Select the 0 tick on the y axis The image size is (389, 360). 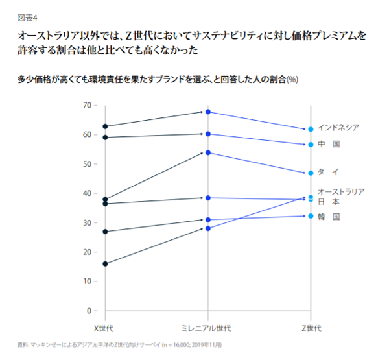click(90, 311)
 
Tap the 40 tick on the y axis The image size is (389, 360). click(88, 193)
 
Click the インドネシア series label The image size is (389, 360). click(338, 128)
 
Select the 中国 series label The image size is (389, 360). click(329, 144)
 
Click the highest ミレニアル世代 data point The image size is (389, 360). click(207, 112)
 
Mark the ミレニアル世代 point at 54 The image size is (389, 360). click(207, 152)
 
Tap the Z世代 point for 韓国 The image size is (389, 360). click(311, 216)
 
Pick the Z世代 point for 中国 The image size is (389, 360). click(311, 145)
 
